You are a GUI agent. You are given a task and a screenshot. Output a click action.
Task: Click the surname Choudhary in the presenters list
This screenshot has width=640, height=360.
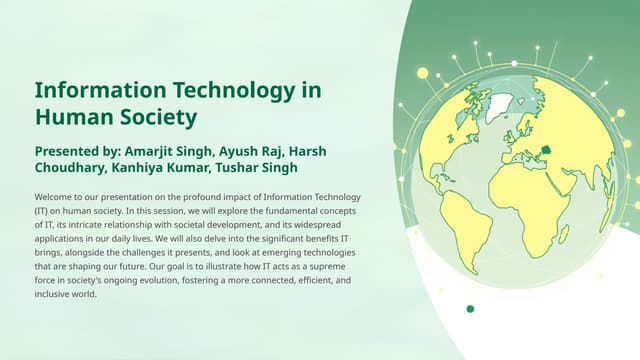(x=73, y=168)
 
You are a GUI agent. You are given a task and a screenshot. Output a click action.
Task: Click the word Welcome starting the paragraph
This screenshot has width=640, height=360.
(x=51, y=198)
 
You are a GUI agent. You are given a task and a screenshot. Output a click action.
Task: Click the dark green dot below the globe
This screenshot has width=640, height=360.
(x=470, y=309)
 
